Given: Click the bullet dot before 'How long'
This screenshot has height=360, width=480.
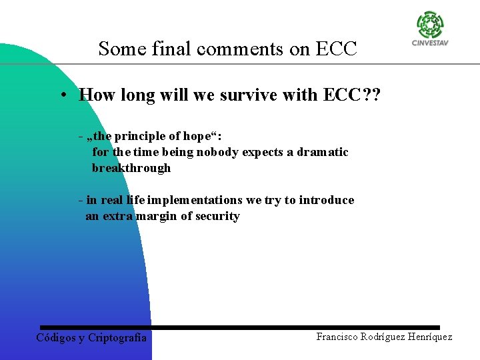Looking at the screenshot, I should pos(61,95).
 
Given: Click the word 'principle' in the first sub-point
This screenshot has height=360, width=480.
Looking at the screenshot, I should pos(138,136).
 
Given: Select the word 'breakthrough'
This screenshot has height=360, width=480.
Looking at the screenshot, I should pos(131,168).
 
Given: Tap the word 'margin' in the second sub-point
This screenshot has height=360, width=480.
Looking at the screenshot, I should pos(157,216).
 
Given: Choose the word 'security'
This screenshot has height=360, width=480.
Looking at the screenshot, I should pos(217,216).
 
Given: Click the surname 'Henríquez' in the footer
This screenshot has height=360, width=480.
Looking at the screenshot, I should pos(428,337).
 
